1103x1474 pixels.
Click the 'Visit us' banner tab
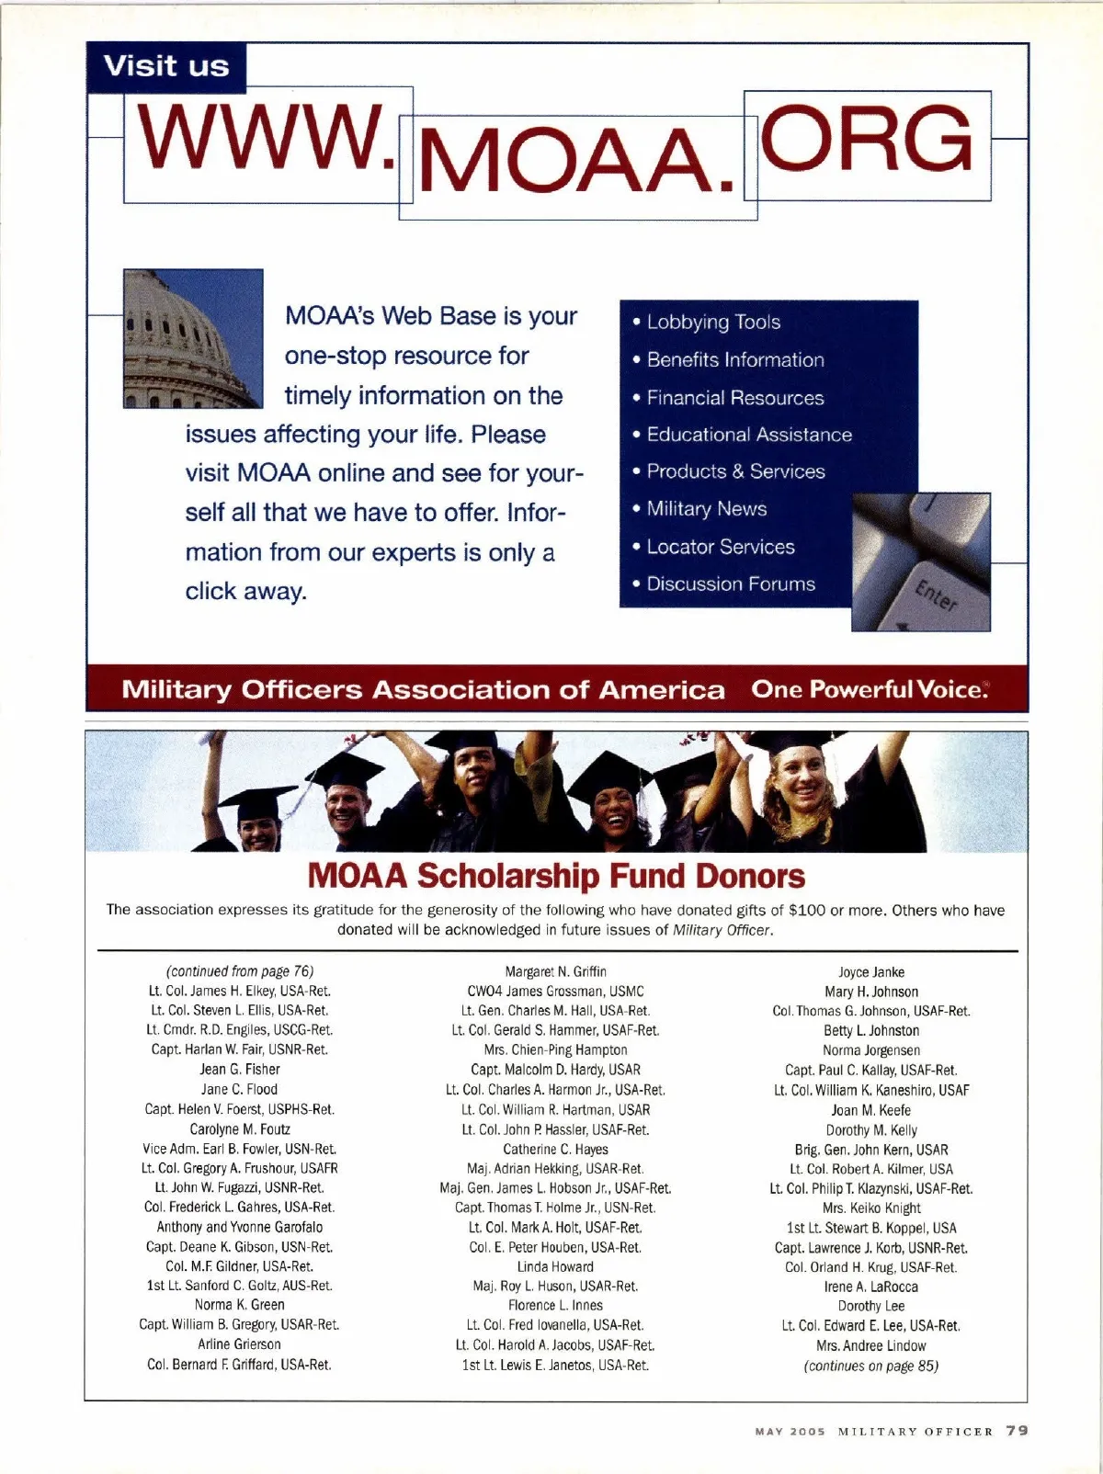166,67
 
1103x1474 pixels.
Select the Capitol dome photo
193,338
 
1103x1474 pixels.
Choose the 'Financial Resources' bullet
734,398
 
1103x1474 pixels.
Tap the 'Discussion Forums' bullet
730,584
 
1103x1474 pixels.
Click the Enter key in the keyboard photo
937,597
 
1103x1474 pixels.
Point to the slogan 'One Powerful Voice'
869,689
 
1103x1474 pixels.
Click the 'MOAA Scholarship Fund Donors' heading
556,876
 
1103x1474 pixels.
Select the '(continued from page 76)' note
239,971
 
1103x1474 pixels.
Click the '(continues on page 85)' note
871,1366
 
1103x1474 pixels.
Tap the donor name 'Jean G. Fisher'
239,1070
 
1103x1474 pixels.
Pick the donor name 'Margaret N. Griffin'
555,971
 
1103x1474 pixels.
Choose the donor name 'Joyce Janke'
871,972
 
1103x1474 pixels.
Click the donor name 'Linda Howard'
555,1267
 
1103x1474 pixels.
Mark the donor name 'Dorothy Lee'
871,1306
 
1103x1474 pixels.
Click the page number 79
1017,1431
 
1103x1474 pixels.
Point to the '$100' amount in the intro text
807,911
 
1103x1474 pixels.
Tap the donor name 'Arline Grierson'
239,1344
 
